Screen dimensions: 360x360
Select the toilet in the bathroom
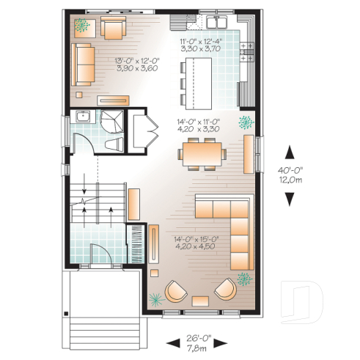click(x=112, y=142)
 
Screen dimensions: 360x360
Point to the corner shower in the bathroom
click(x=112, y=120)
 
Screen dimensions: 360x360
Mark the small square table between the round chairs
click(x=199, y=301)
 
